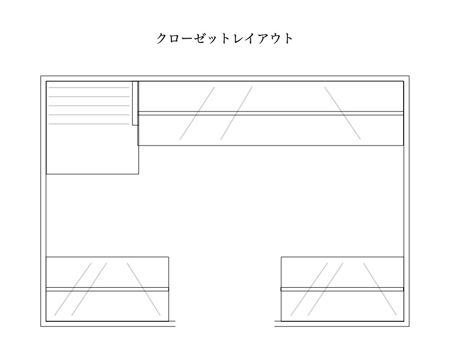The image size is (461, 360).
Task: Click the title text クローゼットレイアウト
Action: tap(224, 39)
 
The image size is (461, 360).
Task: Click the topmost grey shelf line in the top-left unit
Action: tap(89, 88)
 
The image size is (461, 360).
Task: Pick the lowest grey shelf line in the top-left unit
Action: tap(89, 124)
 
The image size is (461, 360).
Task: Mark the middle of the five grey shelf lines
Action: tap(89, 106)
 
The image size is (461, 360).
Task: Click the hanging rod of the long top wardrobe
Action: tap(271, 113)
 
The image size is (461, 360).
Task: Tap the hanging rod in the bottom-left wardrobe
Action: tap(107, 289)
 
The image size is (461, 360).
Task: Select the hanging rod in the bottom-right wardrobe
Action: tap(342, 289)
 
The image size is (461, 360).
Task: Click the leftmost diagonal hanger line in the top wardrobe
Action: tap(197, 113)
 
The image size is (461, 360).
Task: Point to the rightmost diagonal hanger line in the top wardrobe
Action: tap(343, 113)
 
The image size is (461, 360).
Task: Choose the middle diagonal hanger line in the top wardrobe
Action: tap(237, 113)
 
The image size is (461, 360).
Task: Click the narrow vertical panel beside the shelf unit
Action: tap(135, 103)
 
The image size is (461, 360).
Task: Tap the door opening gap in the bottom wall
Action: tap(224, 325)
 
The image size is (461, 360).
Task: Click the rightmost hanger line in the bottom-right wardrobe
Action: tap(380, 289)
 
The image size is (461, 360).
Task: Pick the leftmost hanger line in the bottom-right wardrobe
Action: tap(309, 289)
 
